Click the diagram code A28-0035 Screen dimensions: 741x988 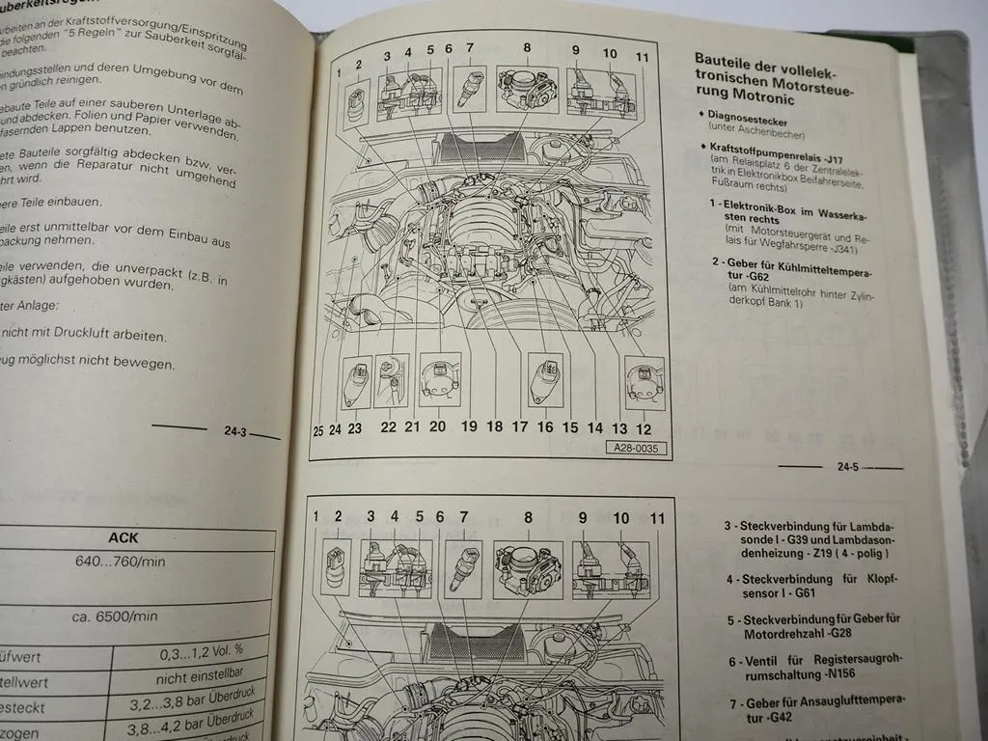point(637,448)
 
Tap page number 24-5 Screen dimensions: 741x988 point(848,467)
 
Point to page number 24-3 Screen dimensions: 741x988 point(235,432)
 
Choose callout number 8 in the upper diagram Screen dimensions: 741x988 point(528,47)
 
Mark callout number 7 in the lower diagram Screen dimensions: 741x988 point(464,517)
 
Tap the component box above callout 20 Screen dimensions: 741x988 point(440,379)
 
